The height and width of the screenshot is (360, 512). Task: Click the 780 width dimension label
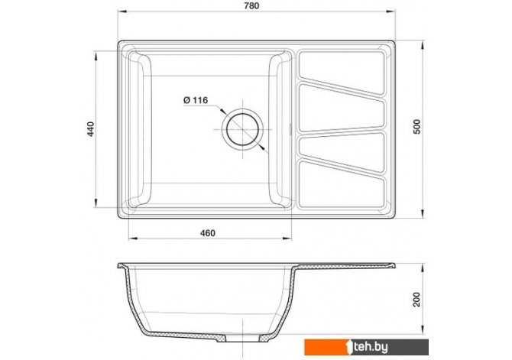[251, 6]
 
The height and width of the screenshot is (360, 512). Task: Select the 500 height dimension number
[417, 127]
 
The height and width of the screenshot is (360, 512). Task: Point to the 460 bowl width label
[208, 233]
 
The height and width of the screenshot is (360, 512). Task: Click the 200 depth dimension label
[417, 300]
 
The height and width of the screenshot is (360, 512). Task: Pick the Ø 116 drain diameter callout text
[196, 100]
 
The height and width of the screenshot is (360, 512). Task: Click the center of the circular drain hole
[242, 129]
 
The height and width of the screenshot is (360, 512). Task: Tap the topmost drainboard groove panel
[342, 72]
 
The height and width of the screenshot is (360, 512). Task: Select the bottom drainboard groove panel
[342, 185]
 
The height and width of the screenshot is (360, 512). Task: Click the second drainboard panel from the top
[342, 108]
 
